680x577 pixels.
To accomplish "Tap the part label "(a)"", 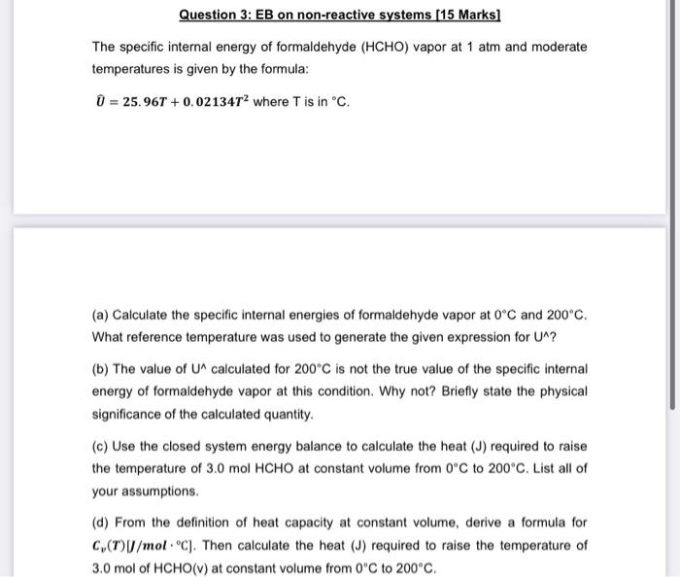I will [101, 316].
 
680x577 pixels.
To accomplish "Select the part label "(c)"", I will [101, 446].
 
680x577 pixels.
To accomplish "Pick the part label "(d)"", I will [101, 523].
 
